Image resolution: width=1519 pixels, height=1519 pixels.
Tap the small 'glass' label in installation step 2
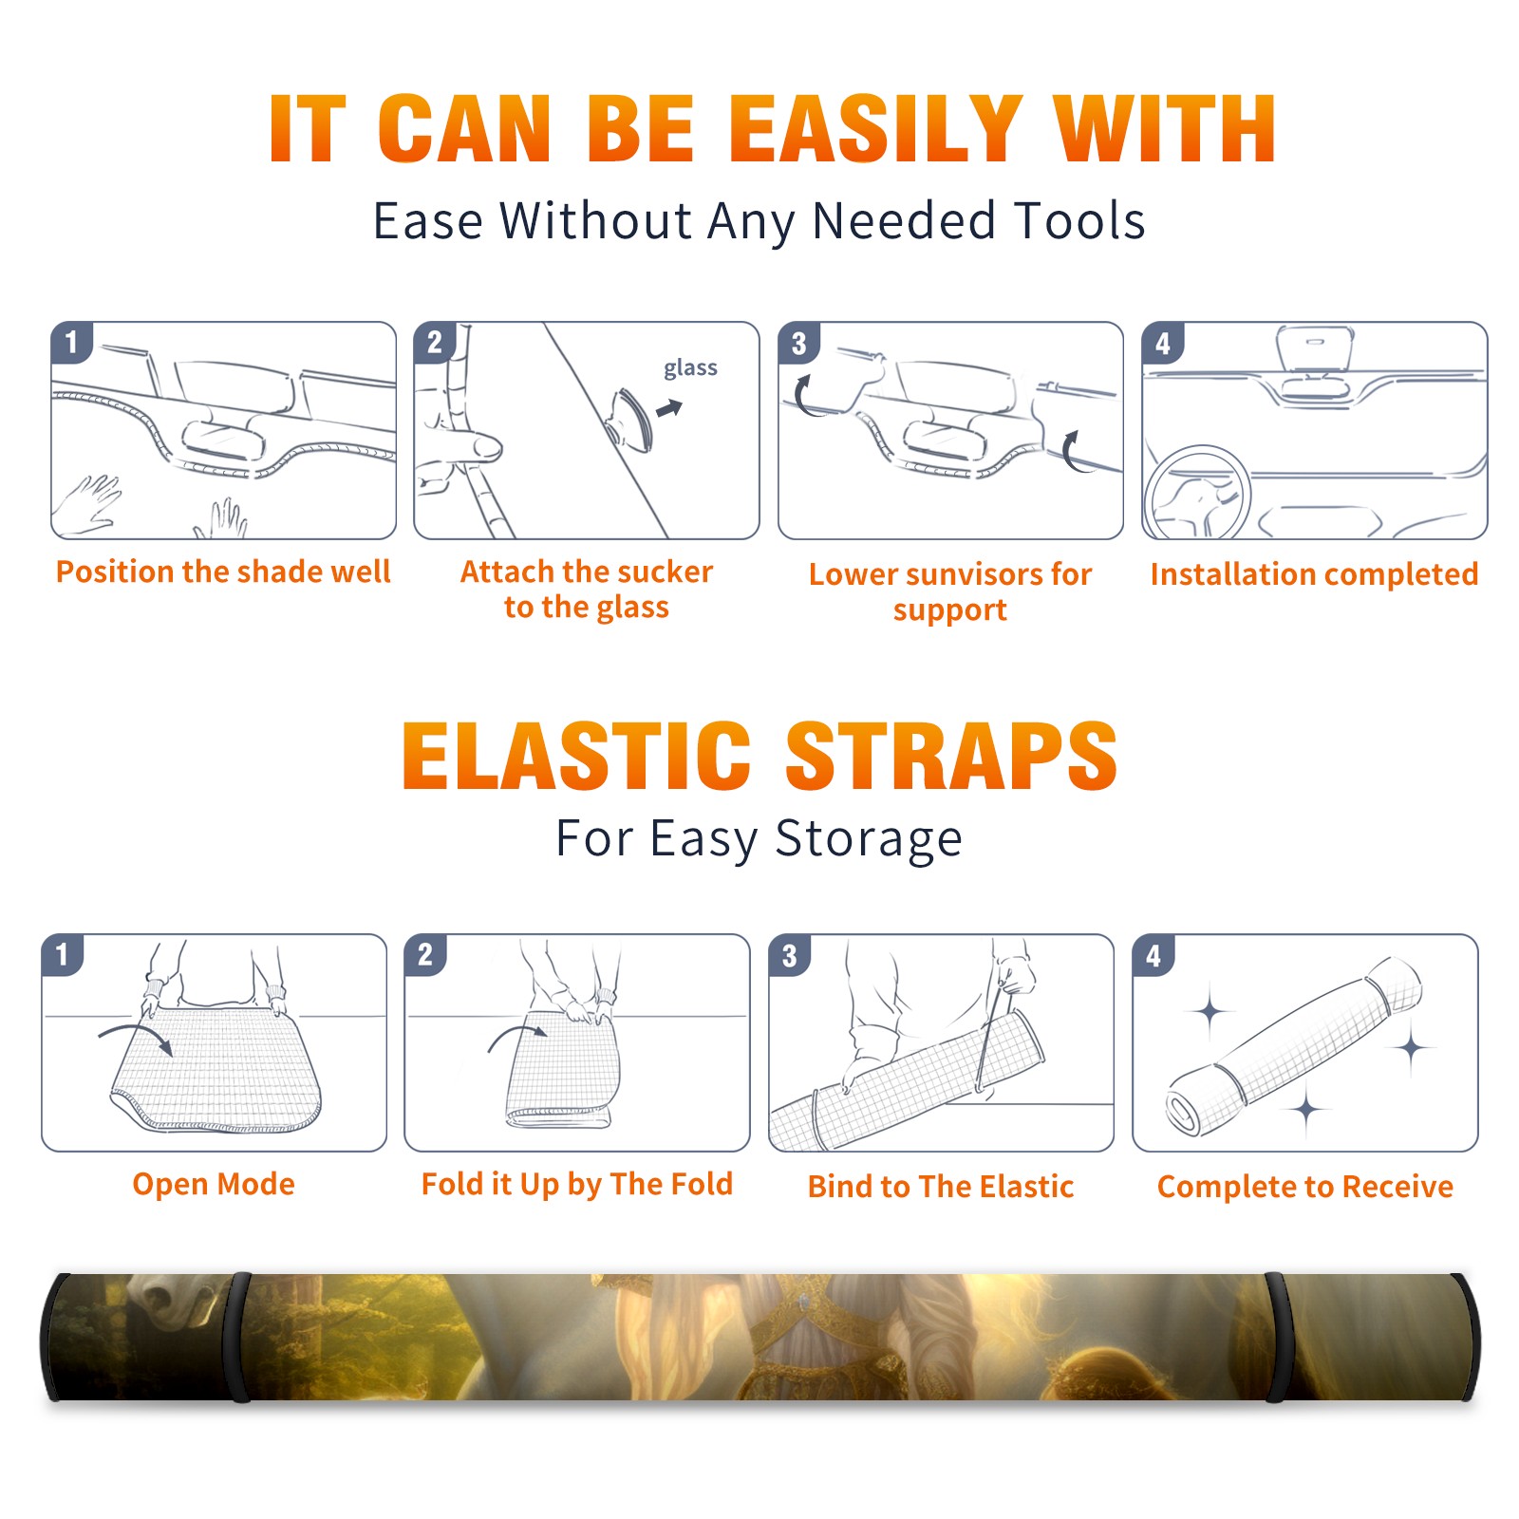pyautogui.click(x=690, y=368)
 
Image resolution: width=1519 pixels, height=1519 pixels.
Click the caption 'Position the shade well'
pyautogui.click(x=223, y=572)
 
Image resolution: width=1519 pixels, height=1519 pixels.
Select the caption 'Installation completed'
pyautogui.click(x=1314, y=573)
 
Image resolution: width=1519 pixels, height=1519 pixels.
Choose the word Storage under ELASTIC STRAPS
pyautogui.click(x=869, y=838)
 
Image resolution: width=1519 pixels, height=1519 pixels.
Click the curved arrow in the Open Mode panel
pyautogui.click(x=136, y=1035)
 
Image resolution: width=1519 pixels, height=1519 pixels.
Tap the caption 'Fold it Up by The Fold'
pyautogui.click(x=577, y=1184)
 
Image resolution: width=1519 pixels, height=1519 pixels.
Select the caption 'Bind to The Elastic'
pyautogui.click(x=941, y=1186)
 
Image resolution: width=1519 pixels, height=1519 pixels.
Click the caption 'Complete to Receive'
pyautogui.click(x=1305, y=1186)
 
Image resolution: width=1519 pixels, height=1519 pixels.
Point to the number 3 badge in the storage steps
pyautogui.click(x=789, y=955)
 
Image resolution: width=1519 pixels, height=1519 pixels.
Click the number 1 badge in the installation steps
pyautogui.click(x=71, y=342)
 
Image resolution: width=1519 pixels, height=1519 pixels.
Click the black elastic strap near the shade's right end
pyautogui.click(x=1275, y=1337)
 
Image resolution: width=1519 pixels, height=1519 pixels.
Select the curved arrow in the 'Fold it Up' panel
pyautogui.click(x=517, y=1036)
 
